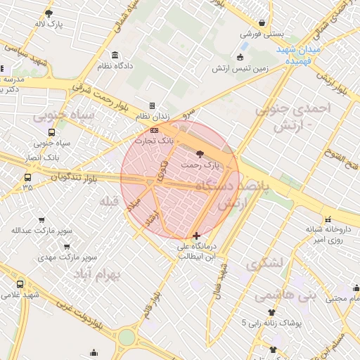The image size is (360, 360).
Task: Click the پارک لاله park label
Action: [49, 25]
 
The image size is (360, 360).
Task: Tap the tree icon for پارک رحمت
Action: [200, 153]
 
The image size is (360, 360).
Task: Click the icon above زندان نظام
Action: [152, 105]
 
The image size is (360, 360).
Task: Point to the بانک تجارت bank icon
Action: [155, 130]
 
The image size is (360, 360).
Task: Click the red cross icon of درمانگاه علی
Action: [195, 235]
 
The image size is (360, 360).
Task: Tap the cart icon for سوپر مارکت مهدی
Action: [67, 247]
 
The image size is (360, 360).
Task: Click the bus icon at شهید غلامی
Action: [19, 284]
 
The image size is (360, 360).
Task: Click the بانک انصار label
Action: [41, 156]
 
